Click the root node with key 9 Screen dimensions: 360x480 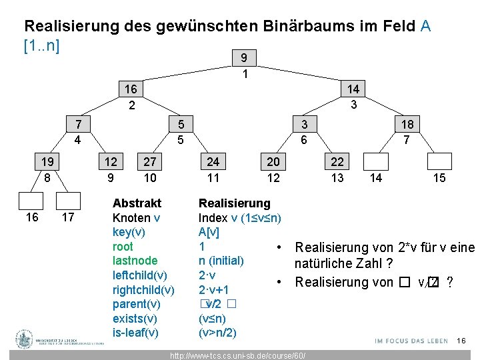[x=245, y=58]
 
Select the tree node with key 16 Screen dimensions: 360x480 [x=131, y=89]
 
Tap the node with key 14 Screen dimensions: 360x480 [x=353, y=89]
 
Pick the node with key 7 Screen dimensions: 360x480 [x=79, y=125]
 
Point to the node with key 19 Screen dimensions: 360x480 [x=47, y=162]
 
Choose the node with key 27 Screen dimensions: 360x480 [x=150, y=162]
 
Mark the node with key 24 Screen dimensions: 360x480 [x=213, y=162]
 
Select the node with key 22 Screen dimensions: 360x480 [x=337, y=162]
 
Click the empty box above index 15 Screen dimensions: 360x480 [x=439, y=162]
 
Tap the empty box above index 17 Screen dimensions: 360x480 [x=67, y=201]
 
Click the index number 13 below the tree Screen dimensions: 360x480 [x=337, y=178]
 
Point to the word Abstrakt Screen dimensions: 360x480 [x=137, y=203]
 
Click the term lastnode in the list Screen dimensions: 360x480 [x=135, y=261]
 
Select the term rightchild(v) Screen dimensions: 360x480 [x=143, y=290]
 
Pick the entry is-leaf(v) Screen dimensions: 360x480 [x=135, y=333]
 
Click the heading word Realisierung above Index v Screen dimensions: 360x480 [x=235, y=203]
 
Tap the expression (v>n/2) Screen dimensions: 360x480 [x=217, y=333]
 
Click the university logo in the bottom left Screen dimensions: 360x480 [x=25, y=339]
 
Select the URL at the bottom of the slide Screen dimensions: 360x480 [x=239, y=355]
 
